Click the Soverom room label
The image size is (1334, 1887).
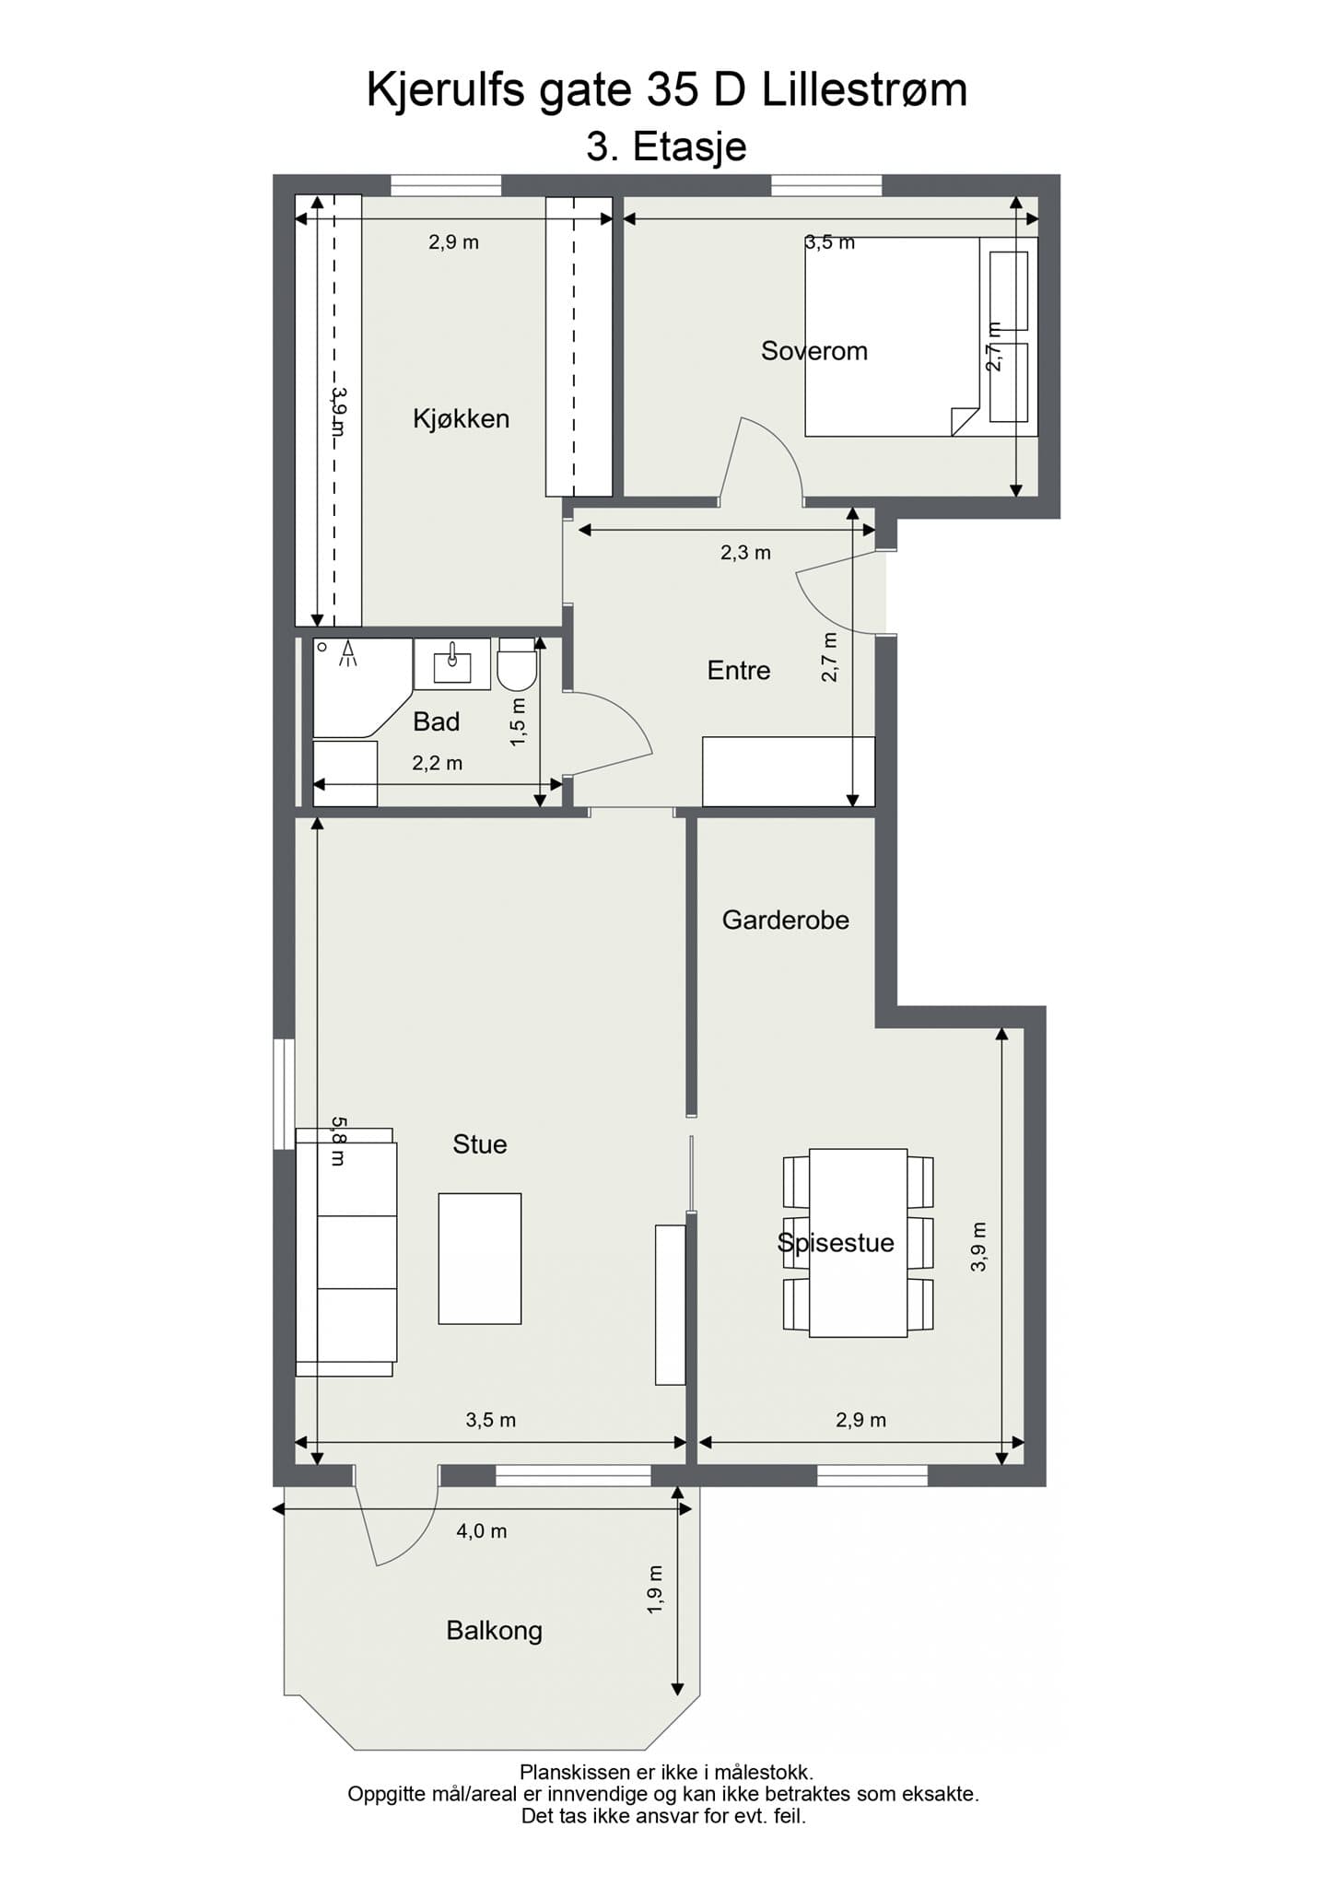[813, 351]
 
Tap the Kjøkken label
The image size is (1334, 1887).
[461, 419]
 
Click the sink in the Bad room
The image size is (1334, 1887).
[452, 663]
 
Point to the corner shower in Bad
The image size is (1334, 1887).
[355, 686]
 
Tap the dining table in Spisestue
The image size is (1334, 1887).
[858, 1242]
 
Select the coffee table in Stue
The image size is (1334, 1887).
[479, 1259]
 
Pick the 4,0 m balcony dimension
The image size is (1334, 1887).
[482, 1531]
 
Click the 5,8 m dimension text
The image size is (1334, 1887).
[338, 1142]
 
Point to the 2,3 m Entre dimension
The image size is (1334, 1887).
[745, 553]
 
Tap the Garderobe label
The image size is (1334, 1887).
[785, 920]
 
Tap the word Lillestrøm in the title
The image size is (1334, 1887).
[864, 91]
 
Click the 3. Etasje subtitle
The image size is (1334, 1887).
[666, 147]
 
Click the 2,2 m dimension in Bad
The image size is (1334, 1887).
[437, 764]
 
